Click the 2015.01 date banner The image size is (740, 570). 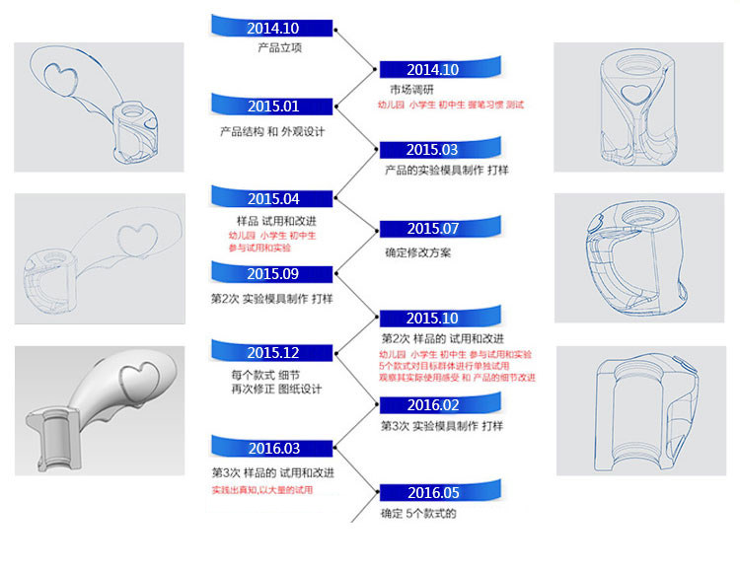[x=273, y=107]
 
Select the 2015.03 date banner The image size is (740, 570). [x=432, y=150]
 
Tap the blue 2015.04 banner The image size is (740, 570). [x=273, y=198]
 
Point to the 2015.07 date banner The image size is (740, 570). [x=432, y=229]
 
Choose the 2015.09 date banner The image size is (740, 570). [x=273, y=274]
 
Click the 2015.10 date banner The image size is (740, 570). [x=432, y=319]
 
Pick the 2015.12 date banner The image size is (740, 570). [x=273, y=353]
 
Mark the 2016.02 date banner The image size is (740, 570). [x=432, y=404]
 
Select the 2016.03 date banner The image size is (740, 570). [x=273, y=448]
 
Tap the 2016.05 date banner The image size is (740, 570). [x=432, y=492]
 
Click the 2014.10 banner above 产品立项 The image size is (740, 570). [x=273, y=28]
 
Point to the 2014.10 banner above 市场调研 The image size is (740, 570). [x=432, y=69]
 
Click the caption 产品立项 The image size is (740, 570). [x=273, y=47]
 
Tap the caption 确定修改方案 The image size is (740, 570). [x=418, y=252]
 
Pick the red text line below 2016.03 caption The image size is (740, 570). [x=262, y=490]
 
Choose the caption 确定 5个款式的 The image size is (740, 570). [x=419, y=513]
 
